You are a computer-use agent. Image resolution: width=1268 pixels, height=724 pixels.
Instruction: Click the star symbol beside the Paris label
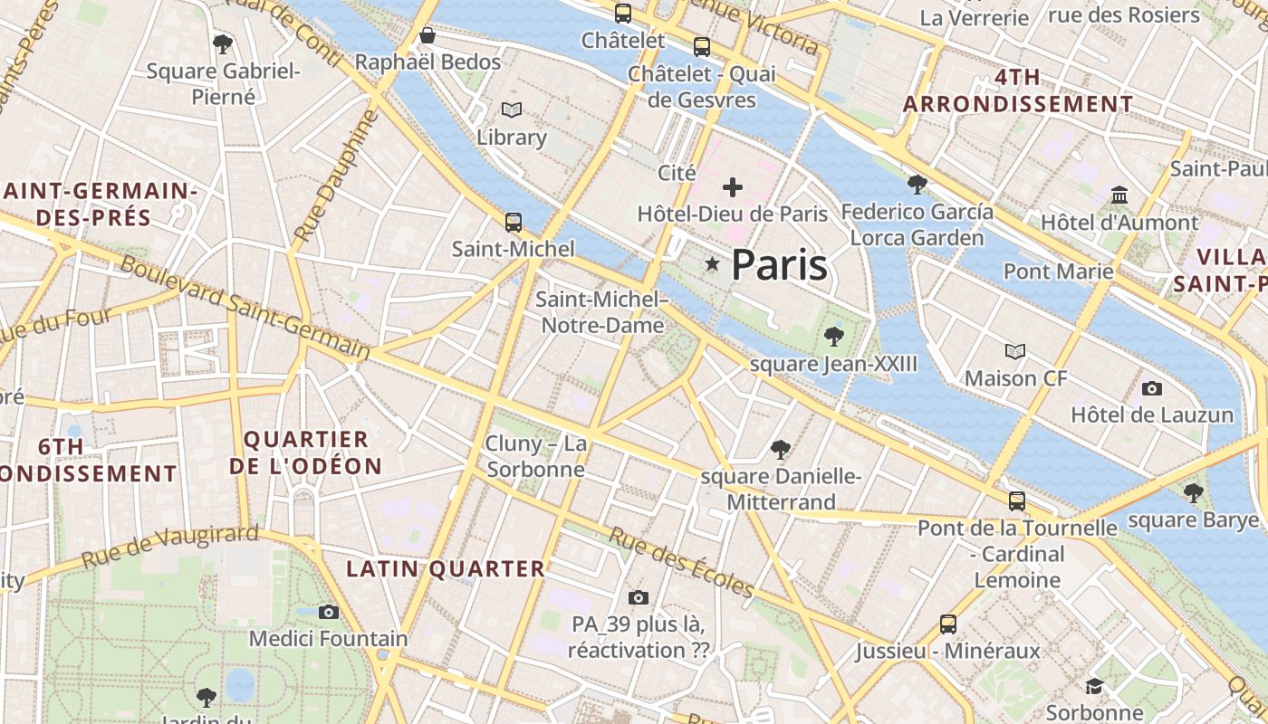click(x=713, y=264)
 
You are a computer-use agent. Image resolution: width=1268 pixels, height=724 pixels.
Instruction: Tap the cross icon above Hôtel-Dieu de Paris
click(x=733, y=187)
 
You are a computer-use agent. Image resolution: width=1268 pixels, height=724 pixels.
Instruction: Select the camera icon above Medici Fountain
click(x=329, y=613)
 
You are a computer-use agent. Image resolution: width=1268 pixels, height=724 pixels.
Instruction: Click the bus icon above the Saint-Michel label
click(x=514, y=222)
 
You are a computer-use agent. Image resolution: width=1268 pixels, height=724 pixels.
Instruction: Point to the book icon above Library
click(x=512, y=110)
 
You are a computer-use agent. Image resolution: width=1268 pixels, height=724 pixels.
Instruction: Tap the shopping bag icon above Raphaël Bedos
click(x=427, y=35)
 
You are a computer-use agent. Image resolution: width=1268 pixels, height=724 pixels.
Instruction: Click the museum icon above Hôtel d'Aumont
click(x=1119, y=195)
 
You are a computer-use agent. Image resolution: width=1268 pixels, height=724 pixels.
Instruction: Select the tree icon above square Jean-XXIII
click(x=834, y=338)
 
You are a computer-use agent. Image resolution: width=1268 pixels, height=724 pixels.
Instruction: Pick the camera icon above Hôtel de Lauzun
click(x=1152, y=388)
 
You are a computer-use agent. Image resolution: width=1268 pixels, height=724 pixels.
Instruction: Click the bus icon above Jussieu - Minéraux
click(x=948, y=624)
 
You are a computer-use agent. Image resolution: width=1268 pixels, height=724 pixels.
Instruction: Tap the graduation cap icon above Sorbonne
click(x=1094, y=686)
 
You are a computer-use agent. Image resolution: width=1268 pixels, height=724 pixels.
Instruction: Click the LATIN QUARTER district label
click(x=447, y=569)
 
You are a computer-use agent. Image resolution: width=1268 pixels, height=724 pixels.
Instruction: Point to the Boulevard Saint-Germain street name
click(x=245, y=306)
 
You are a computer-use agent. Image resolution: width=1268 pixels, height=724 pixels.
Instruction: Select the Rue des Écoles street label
click(x=681, y=562)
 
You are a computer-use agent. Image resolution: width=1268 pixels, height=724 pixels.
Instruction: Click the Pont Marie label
click(x=1058, y=271)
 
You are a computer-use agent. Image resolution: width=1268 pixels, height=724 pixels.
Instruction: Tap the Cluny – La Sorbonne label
click(x=536, y=456)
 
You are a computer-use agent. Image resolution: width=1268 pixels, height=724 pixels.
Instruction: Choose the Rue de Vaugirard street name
click(x=170, y=546)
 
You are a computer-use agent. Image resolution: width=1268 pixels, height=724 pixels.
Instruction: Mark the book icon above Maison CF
click(x=1015, y=351)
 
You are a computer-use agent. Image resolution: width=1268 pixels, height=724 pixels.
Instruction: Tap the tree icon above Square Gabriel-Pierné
click(x=223, y=43)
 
